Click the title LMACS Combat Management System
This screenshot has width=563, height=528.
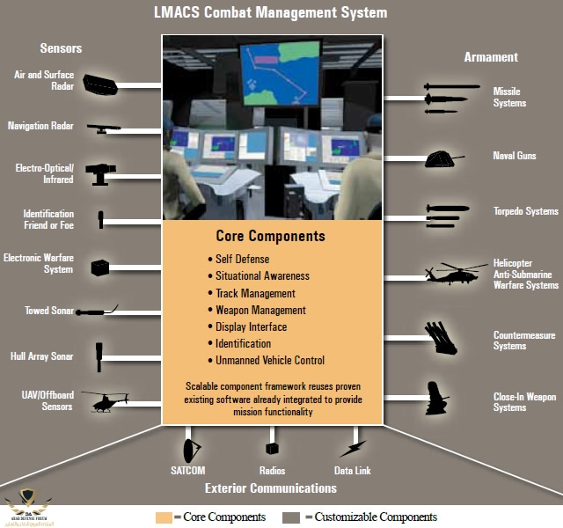pyautogui.click(x=270, y=12)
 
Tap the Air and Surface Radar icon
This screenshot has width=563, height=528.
pyautogui.click(x=100, y=84)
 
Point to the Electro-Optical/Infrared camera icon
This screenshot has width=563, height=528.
pyautogui.click(x=102, y=172)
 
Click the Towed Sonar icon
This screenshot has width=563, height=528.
pyautogui.click(x=97, y=310)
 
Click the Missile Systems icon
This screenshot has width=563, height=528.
pyautogui.click(x=451, y=98)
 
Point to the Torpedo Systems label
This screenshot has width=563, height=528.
pyautogui.click(x=525, y=211)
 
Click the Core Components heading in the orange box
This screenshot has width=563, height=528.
pyautogui.click(x=270, y=236)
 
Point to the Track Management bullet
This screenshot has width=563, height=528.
pyautogui.click(x=255, y=293)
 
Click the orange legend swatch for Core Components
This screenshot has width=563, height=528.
pyautogui.click(x=164, y=517)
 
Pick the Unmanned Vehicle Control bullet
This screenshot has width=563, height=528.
pyautogui.click(x=270, y=360)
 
